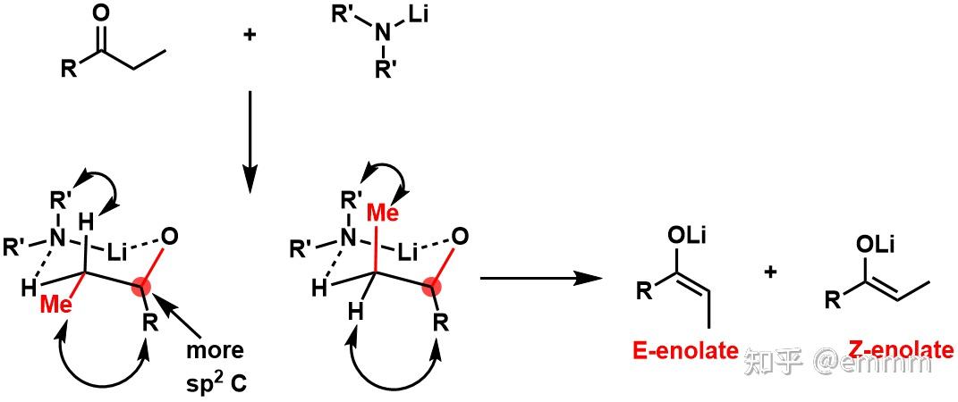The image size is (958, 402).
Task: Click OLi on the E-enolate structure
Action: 688,236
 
